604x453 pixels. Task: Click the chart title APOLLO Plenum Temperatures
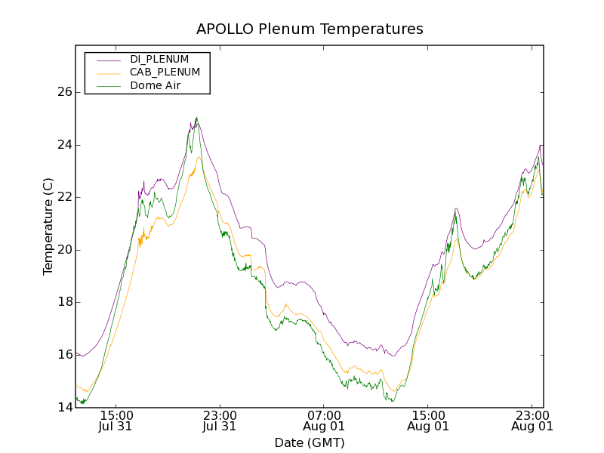click(310, 29)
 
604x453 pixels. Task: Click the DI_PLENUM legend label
click(159, 59)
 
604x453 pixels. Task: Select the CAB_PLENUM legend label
click(165, 72)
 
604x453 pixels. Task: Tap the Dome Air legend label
click(155, 85)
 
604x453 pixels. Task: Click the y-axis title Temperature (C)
click(48, 226)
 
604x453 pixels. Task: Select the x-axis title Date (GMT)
click(310, 442)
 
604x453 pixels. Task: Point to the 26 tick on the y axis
click(64, 92)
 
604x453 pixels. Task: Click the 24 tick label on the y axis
click(64, 145)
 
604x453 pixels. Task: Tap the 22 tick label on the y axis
click(64, 197)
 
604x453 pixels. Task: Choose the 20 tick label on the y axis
click(64, 250)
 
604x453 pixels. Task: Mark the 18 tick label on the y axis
click(64, 302)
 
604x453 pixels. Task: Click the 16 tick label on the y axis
click(64, 355)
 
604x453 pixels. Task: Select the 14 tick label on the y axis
click(64, 408)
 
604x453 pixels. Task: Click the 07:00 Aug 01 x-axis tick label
click(324, 420)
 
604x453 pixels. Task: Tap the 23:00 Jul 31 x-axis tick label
click(220, 420)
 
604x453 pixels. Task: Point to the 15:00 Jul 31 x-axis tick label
click(116, 420)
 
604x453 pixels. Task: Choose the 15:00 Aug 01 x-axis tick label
click(428, 420)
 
